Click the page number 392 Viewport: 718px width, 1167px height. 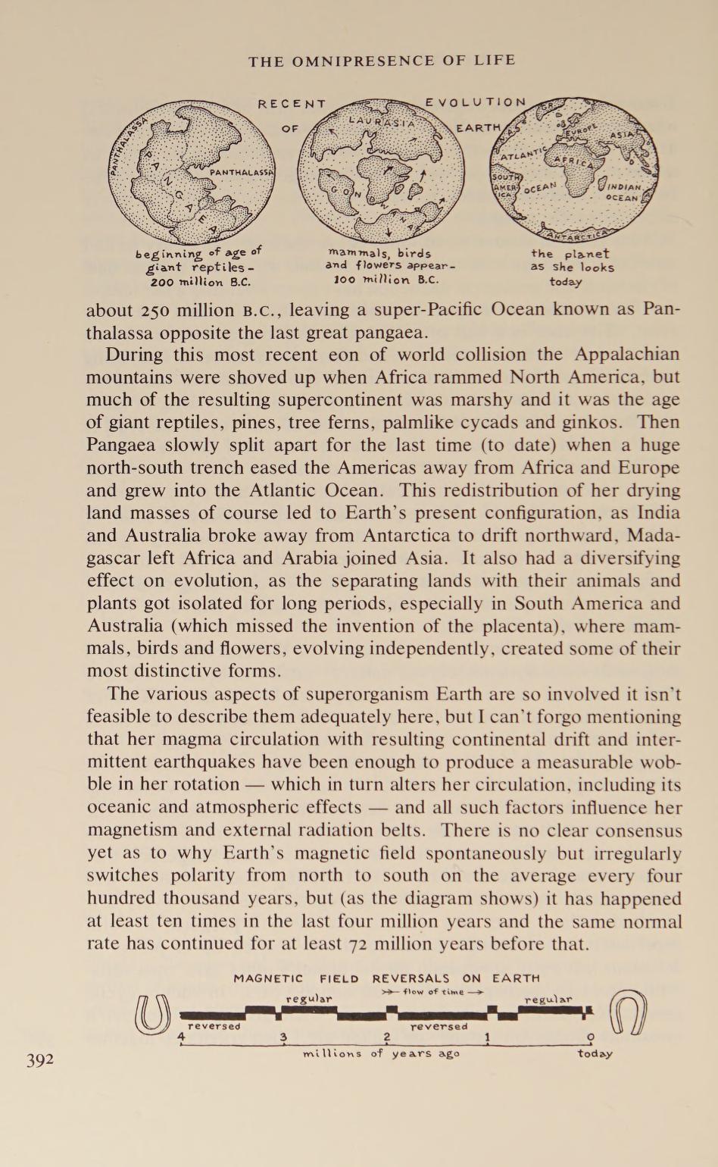40,1059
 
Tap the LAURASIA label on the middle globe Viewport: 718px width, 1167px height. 382,121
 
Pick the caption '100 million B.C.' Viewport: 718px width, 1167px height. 387,278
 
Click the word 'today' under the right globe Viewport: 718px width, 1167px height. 567,281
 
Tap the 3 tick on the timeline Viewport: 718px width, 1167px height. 283,1037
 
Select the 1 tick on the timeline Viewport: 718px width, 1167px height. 489,1037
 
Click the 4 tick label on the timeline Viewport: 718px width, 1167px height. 181,1037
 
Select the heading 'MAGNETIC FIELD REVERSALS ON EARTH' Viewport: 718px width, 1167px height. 386,978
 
